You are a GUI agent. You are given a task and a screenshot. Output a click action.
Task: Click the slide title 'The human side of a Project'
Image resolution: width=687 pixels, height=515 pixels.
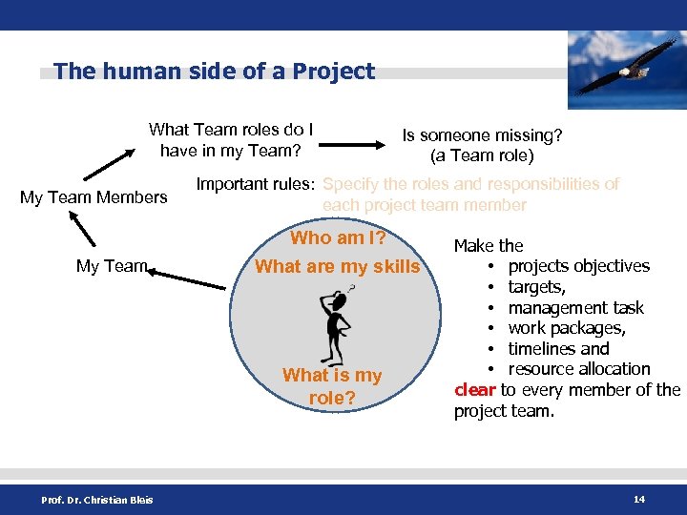[x=215, y=72]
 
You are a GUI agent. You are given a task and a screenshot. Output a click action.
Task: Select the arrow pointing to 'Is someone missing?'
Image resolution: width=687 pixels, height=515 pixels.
[x=359, y=146]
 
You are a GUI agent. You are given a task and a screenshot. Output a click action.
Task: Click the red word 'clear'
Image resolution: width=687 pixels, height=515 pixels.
[x=474, y=390]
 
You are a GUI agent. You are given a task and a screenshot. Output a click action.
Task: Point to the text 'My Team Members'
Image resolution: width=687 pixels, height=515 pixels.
[x=94, y=197]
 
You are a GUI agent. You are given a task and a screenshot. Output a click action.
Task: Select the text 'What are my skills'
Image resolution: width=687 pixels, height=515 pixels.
[x=337, y=267]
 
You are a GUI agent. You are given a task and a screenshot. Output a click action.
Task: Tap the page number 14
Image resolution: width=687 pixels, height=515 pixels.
[x=637, y=499]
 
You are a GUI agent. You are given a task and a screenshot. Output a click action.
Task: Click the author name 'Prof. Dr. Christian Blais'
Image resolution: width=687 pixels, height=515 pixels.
[x=96, y=500]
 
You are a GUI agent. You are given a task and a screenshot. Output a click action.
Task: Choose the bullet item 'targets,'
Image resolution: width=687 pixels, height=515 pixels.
[x=536, y=287]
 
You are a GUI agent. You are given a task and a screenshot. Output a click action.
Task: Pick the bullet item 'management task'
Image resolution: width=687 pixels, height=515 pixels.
[x=575, y=308]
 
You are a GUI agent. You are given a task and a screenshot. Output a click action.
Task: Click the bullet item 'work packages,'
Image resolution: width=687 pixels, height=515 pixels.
[x=567, y=329]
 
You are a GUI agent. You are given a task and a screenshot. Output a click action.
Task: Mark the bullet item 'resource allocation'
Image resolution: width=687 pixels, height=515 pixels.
[x=579, y=369]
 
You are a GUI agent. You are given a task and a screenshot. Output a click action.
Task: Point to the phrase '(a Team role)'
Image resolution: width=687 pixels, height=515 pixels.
[x=482, y=155]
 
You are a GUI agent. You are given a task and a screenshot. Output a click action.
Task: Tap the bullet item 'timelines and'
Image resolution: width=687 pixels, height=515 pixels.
[x=558, y=349]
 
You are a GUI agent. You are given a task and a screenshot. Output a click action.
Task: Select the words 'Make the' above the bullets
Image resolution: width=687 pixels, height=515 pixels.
[x=489, y=246]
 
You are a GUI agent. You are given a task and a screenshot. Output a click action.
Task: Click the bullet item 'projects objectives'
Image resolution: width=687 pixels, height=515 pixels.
[x=578, y=266]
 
